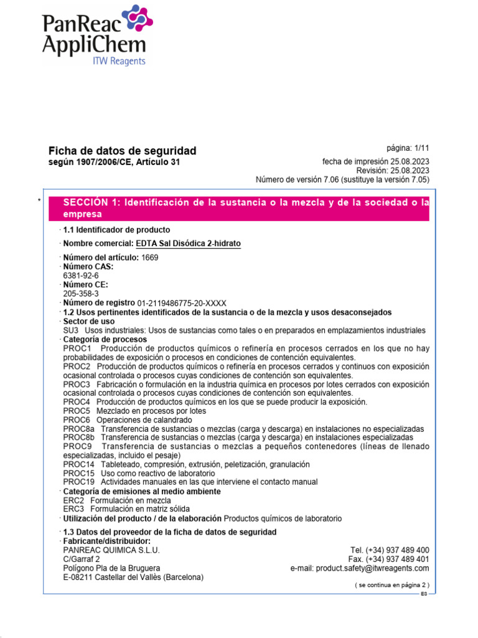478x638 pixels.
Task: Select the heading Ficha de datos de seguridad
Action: coord(122,151)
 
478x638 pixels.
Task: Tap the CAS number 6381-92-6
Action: coord(81,275)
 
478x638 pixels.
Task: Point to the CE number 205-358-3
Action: coord(81,293)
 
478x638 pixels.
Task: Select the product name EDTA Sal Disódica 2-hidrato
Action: coord(188,243)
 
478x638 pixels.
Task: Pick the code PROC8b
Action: coord(79,438)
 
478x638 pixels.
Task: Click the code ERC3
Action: coord(73,509)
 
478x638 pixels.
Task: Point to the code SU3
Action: coord(71,330)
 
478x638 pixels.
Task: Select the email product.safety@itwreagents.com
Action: coord(372,568)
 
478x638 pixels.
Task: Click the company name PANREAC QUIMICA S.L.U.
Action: coord(111,550)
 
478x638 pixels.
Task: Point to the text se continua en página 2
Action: coord(391,585)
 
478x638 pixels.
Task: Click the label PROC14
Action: coord(79,464)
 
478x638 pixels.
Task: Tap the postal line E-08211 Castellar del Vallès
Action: coord(133,577)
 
